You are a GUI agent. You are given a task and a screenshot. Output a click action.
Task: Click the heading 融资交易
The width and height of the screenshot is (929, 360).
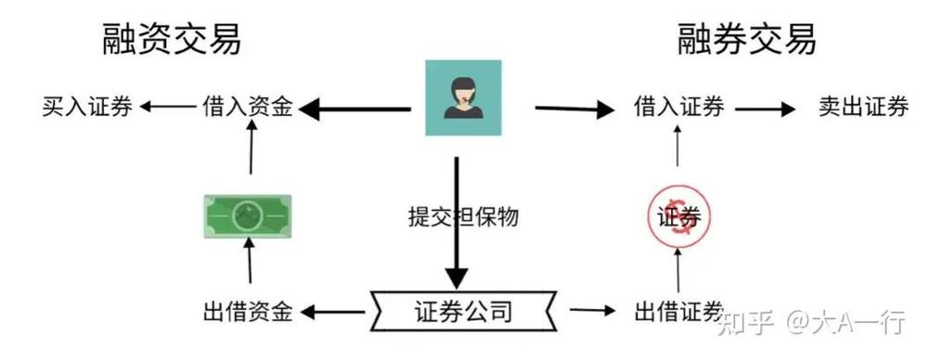(x=173, y=39)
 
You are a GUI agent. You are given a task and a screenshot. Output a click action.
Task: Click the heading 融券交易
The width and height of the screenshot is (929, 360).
(x=747, y=39)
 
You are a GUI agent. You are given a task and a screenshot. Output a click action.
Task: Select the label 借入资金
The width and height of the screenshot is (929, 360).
(x=248, y=108)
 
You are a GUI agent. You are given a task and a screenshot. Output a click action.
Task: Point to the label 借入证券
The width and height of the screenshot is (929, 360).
(x=678, y=108)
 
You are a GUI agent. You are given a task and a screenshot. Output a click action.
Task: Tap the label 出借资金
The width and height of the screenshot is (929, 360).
(x=248, y=312)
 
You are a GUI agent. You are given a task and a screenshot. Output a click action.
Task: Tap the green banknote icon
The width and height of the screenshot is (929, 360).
(x=247, y=214)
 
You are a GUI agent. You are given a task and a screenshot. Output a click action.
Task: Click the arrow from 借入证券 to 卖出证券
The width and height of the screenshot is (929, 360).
(x=765, y=109)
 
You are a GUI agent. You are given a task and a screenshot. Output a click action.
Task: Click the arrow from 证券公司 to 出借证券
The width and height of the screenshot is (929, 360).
(x=593, y=312)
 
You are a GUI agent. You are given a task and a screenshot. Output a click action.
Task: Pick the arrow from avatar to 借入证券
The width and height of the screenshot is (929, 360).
(x=575, y=109)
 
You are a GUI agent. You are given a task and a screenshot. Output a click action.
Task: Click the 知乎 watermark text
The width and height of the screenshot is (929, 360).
(x=740, y=323)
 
